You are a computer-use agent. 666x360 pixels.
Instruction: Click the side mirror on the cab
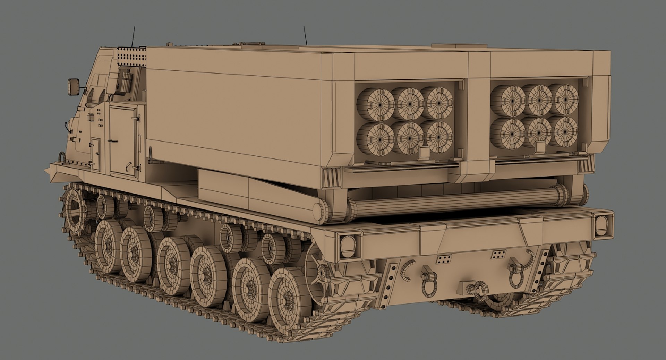point(74,86)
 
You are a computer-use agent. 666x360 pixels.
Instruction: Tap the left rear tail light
point(347,245)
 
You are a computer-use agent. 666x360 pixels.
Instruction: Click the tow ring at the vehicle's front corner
point(62,158)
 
